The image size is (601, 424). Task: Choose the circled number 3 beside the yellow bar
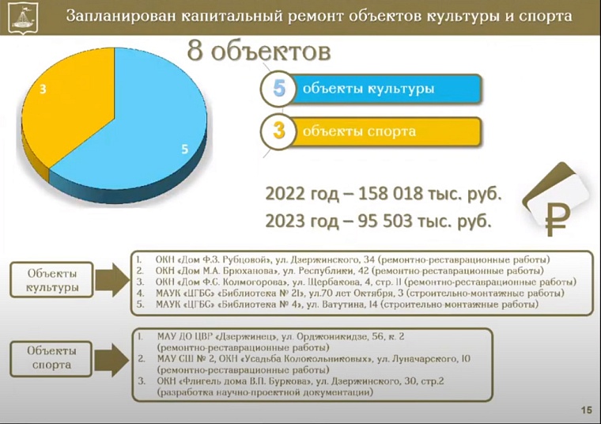278,131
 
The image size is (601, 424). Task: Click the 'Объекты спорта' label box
55,357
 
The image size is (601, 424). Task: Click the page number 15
586,409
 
